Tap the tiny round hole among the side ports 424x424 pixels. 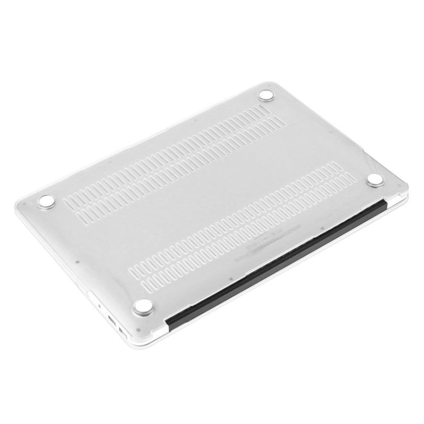point(100,308)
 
